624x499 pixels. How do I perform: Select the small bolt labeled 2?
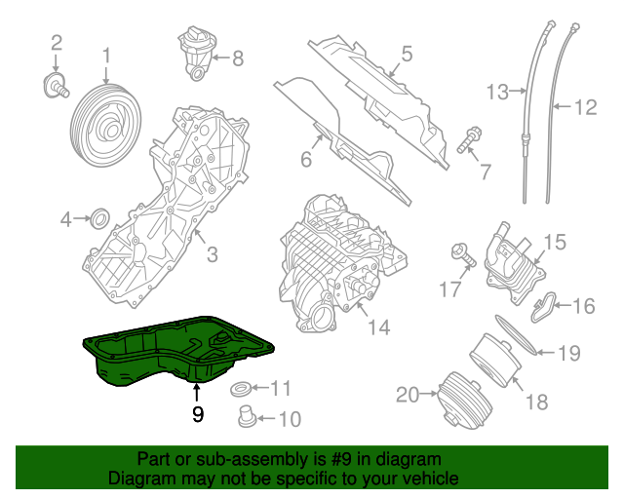(x=57, y=86)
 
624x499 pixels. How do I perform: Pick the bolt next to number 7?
(x=466, y=141)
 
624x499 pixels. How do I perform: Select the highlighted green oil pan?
(x=175, y=352)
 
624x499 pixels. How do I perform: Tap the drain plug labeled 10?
(x=247, y=418)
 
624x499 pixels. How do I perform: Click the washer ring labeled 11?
(x=241, y=391)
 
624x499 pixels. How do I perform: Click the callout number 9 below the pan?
(x=198, y=414)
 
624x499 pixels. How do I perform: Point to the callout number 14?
(x=378, y=328)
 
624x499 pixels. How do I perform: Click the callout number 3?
(x=211, y=256)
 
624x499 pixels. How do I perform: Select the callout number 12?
(x=584, y=108)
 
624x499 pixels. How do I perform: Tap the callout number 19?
(x=568, y=351)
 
